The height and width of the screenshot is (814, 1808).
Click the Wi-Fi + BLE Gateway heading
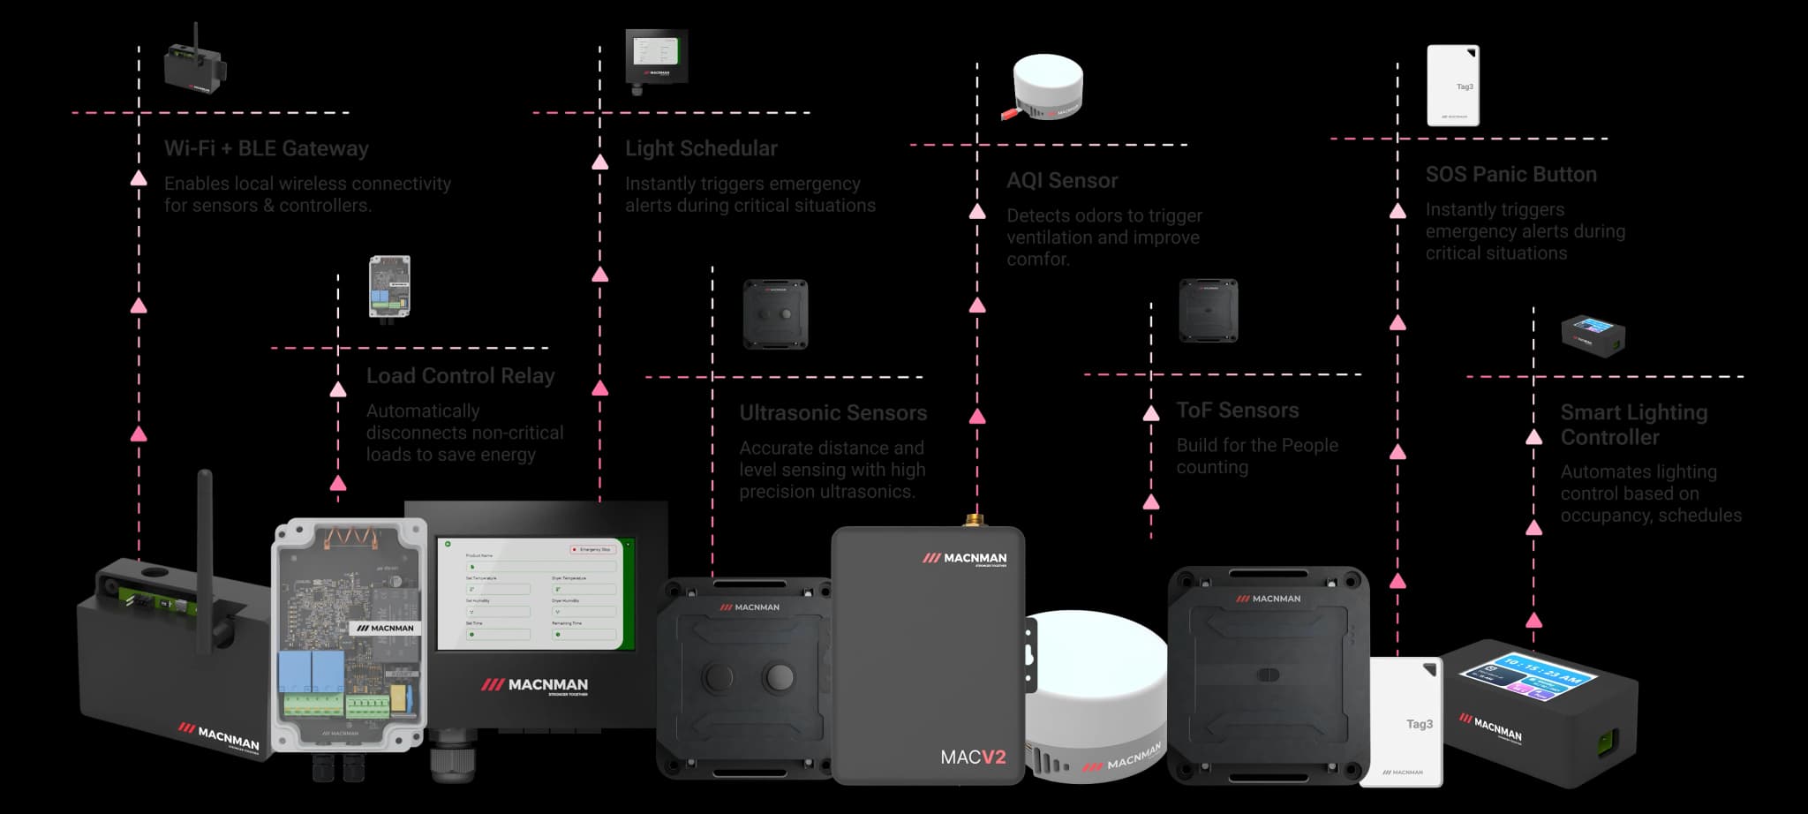pos(266,148)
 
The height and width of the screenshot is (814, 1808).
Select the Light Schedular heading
pos(701,148)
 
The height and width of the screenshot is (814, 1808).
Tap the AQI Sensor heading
pos(1062,181)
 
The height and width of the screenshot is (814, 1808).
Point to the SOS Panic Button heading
pos(1510,175)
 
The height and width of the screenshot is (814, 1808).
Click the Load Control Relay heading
pos(460,376)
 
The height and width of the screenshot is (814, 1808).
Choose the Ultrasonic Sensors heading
pos(832,413)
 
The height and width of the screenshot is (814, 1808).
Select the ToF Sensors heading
pos(1237,411)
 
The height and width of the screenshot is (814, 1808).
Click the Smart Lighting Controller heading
pos(1633,425)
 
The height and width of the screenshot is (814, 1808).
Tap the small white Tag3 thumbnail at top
pos(1453,86)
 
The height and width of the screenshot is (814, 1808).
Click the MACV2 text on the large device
pos(973,757)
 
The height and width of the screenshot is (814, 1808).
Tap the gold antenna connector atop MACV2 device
pos(974,519)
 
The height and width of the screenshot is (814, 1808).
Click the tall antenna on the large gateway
pos(205,556)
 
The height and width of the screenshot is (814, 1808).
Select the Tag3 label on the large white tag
pos(1419,724)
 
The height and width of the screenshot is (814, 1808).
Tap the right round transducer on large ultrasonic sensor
pos(780,676)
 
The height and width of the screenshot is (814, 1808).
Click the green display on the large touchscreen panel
pos(537,592)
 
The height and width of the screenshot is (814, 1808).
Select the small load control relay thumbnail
pos(389,287)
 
